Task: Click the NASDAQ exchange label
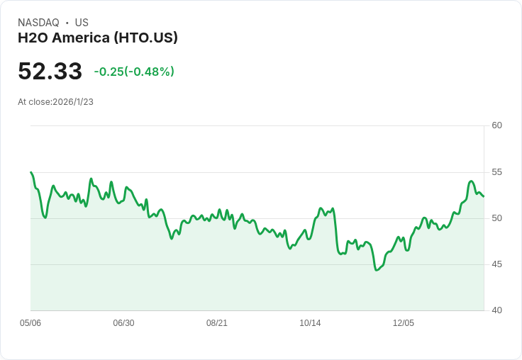coord(38,23)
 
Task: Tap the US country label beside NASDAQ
coord(82,23)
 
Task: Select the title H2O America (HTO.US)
coord(98,38)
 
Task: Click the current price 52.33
coord(50,71)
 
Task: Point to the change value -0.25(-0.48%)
coord(134,72)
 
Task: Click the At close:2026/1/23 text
coord(55,102)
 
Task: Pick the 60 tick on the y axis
coord(496,125)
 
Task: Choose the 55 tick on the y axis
coord(496,172)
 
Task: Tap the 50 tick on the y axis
coord(496,218)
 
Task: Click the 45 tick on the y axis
coord(496,264)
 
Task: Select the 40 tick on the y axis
coord(496,310)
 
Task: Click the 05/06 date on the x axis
coord(30,323)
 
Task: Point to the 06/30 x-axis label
coord(123,323)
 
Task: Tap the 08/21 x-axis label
coord(217,323)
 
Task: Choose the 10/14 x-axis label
coord(310,323)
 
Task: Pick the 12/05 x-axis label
coord(404,323)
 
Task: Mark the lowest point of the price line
coord(377,270)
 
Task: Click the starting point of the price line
coord(30,172)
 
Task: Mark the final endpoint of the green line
coord(484,196)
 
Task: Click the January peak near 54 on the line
coord(472,181)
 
